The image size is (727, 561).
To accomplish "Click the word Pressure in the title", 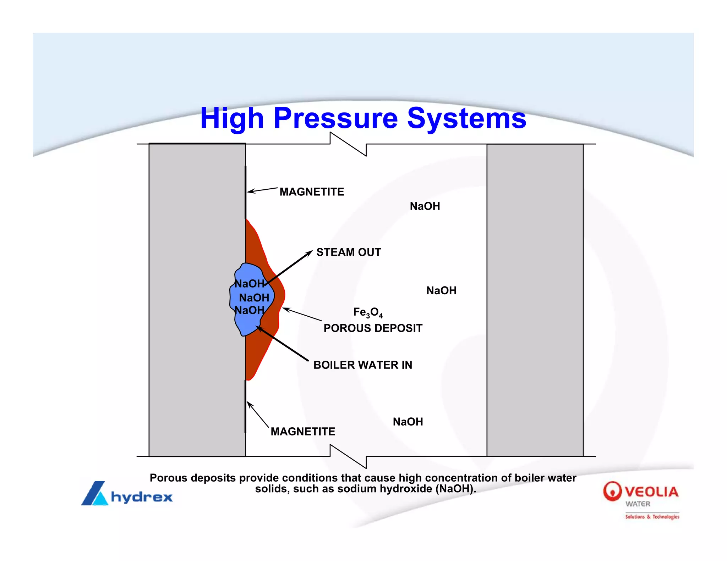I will point(335,118).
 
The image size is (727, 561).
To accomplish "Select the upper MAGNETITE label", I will point(312,192).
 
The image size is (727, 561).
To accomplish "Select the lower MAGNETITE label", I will point(303,432).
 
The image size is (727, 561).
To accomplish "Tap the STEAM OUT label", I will point(349,252).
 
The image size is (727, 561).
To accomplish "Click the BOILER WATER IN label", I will point(362,365).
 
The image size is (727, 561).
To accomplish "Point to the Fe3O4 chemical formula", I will point(368,312).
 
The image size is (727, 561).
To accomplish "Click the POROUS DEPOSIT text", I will point(373,328).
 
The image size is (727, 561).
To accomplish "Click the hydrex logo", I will point(127,494).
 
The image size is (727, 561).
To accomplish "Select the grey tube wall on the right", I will point(535,300).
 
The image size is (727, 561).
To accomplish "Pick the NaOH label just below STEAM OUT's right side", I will point(441,290).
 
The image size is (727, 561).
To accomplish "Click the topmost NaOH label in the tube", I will point(425,206).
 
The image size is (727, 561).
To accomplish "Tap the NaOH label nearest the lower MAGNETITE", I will point(408,422).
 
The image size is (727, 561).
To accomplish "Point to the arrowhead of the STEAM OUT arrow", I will point(310,252).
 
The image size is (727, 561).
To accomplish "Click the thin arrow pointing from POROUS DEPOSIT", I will point(302,315).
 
